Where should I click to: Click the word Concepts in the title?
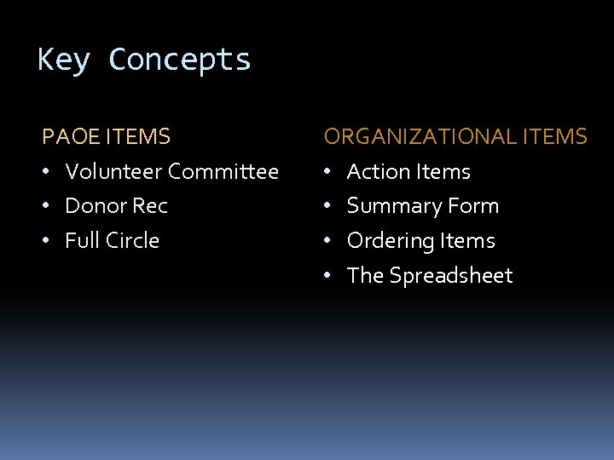(x=180, y=60)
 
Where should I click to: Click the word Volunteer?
(x=113, y=172)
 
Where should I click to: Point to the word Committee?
(x=223, y=172)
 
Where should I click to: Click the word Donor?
(x=92, y=206)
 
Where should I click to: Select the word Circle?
(x=131, y=241)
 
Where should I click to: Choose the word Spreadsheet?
(x=451, y=276)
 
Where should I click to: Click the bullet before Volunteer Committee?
(x=48, y=173)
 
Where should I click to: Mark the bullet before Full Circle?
(x=48, y=242)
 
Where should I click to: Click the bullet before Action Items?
(x=328, y=173)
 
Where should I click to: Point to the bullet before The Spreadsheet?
(x=328, y=277)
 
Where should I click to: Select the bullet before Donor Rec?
(x=48, y=207)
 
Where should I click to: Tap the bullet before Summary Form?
(x=328, y=207)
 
